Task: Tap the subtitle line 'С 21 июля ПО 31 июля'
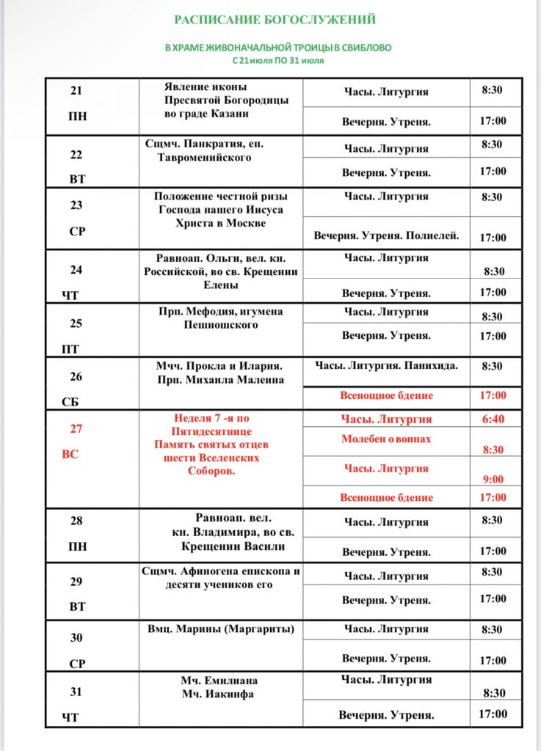277,60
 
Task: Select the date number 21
76,92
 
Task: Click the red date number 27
76,430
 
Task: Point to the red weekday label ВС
70,454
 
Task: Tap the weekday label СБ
70,402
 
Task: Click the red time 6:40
493,419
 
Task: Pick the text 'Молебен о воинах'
386,439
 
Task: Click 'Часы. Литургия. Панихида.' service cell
386,365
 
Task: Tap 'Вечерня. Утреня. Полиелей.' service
386,236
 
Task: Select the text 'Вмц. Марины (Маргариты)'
220,629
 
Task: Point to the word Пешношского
220,324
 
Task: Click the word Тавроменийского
204,157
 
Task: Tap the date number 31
76,692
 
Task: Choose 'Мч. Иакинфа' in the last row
217,694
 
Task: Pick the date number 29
76,582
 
